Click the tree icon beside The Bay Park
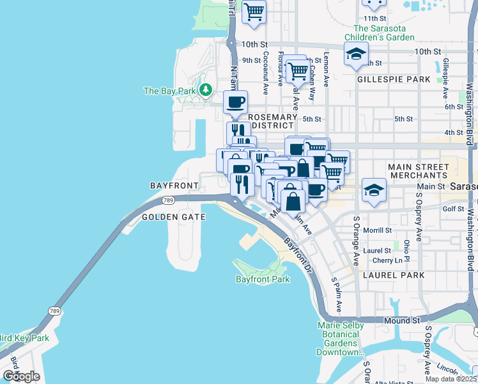pos(206,90)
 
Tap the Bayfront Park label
pos(263,279)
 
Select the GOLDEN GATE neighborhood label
pos(173,217)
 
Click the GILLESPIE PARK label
pos(394,79)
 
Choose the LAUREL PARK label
pos(394,275)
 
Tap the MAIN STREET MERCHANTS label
pos(418,171)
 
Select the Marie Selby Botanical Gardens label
pos(341,339)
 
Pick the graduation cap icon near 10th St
pos(356,54)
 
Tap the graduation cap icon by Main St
pos(374,189)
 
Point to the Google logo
pos(21,376)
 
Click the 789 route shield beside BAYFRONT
pos(168,200)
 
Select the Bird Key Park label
pos(24,338)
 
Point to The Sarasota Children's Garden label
pos(383,33)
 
